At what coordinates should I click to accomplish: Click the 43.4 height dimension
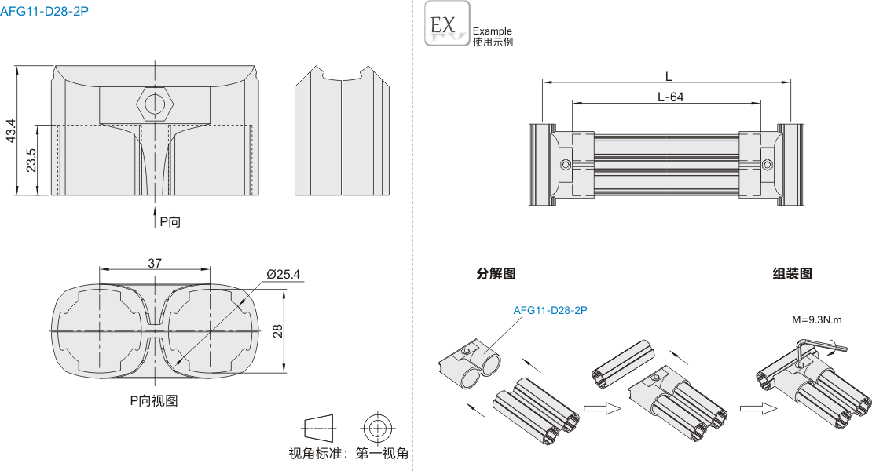(x=10, y=131)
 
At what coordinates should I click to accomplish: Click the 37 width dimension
(x=154, y=264)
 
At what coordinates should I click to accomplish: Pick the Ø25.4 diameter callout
(x=284, y=274)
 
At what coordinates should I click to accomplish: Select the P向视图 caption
(x=154, y=400)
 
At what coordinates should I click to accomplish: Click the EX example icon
(x=447, y=24)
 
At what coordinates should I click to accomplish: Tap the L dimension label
(x=668, y=76)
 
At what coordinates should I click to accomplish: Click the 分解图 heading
(x=496, y=274)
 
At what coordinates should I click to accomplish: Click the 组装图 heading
(x=792, y=274)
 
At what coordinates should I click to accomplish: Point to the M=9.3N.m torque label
(x=817, y=319)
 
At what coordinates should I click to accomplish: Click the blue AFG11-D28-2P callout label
(x=550, y=310)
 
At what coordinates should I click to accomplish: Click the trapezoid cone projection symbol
(x=318, y=428)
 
